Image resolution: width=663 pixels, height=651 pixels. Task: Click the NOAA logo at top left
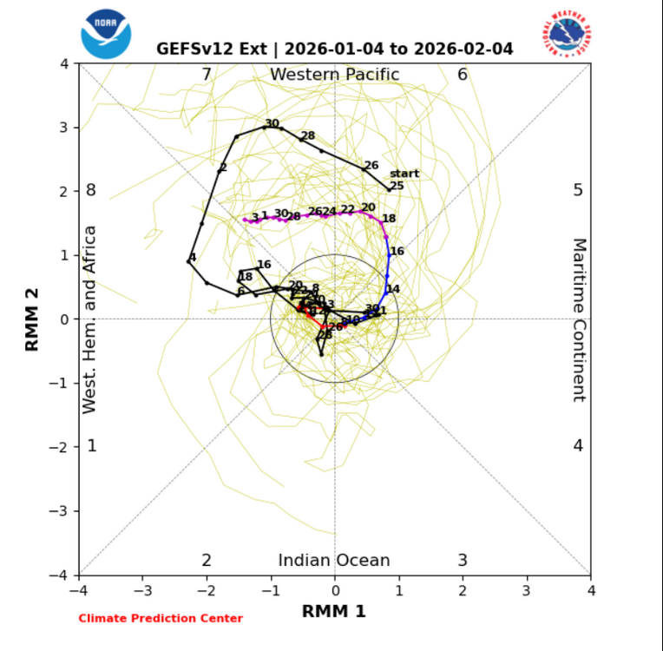coord(105,34)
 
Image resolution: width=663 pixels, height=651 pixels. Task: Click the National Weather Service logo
coord(568,34)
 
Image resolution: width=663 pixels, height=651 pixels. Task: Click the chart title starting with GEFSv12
coord(334,49)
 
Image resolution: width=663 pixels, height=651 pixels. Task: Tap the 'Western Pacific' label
coord(334,75)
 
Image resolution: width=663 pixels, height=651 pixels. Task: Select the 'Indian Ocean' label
coord(334,561)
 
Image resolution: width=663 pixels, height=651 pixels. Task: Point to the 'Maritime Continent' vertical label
coord(579,319)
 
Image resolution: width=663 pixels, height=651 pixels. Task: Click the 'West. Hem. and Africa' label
coord(89,319)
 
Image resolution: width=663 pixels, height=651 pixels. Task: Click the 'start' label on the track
coord(404,174)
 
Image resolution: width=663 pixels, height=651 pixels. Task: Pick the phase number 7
coord(207,75)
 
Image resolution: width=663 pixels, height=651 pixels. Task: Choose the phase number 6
coord(463,75)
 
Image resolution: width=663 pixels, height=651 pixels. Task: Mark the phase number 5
coord(578,191)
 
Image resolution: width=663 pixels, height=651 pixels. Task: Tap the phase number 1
coord(91,446)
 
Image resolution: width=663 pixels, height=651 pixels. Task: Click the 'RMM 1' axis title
coord(334,611)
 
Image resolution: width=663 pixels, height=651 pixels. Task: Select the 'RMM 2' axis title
coord(33,319)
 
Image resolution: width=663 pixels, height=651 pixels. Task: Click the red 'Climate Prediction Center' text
coord(161,618)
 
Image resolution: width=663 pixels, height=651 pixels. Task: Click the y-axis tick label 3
coord(64,128)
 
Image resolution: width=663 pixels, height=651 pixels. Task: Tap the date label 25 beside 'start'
coord(397,186)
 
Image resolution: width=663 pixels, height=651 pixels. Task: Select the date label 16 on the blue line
coord(397,252)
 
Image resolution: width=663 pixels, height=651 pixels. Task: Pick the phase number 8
coord(90,191)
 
